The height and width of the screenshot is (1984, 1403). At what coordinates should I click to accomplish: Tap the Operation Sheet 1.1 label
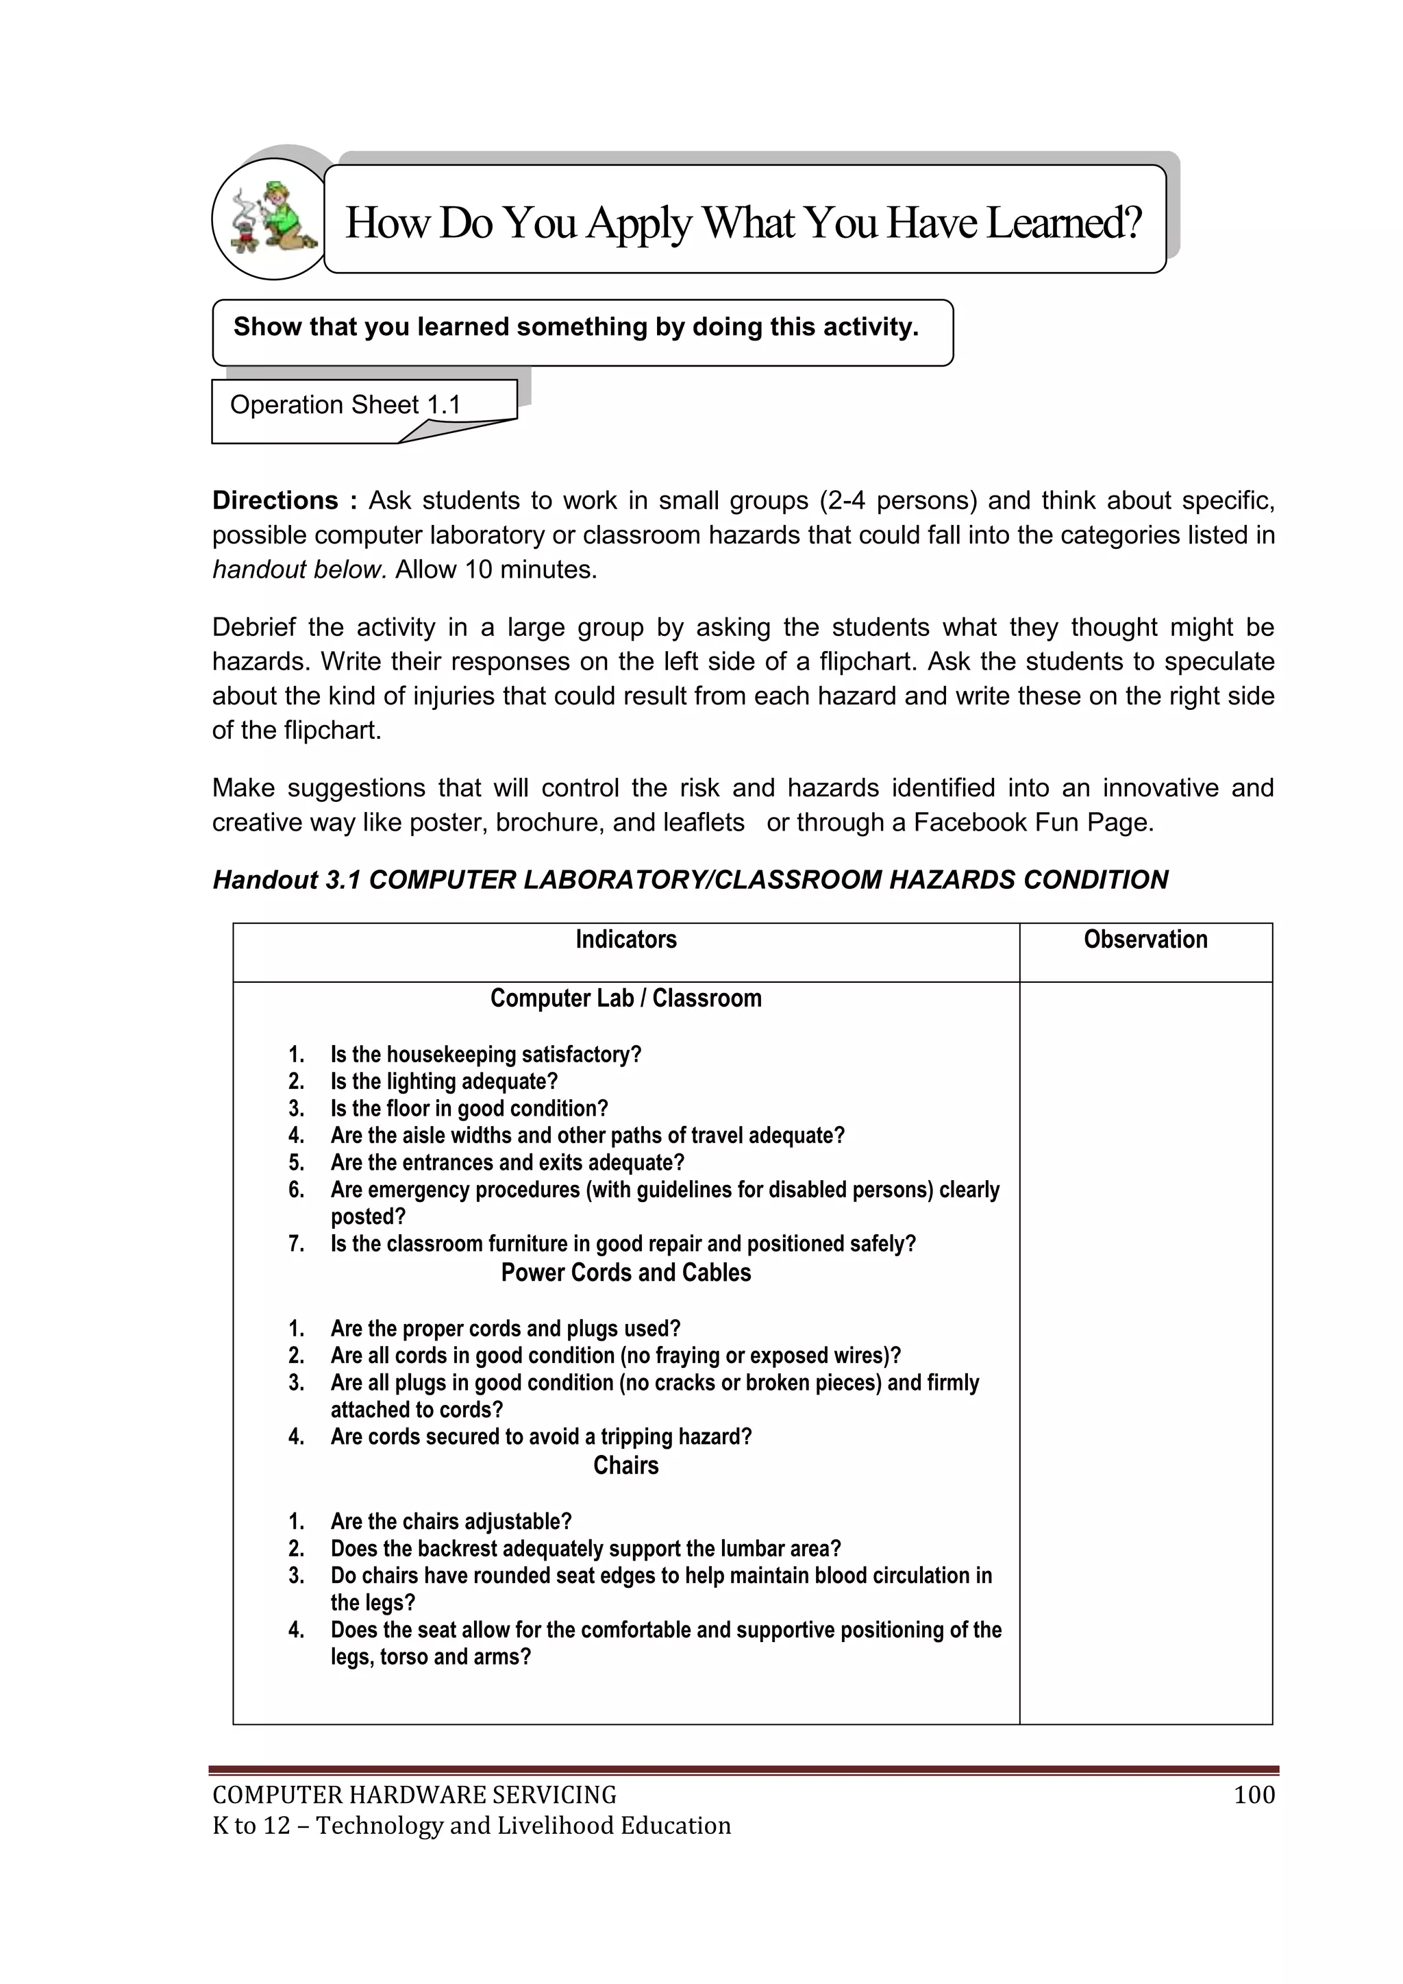click(345, 404)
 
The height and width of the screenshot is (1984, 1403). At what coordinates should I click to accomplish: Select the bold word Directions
click(275, 500)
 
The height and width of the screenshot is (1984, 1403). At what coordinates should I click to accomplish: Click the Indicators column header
click(625, 940)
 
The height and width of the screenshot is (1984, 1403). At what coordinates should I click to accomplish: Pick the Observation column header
click(1145, 940)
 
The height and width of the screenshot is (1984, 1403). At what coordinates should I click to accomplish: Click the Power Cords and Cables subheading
click(625, 1272)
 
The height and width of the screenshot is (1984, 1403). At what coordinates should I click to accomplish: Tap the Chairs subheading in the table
click(625, 1465)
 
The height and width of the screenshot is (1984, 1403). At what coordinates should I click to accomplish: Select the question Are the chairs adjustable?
click(451, 1521)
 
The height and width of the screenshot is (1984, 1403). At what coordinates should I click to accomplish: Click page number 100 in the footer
click(1254, 1795)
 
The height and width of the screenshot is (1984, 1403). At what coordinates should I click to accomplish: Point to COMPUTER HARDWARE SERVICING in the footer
click(414, 1795)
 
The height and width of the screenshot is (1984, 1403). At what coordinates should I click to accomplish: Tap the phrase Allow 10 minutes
click(496, 570)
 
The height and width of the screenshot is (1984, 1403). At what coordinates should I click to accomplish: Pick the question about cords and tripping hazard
click(541, 1436)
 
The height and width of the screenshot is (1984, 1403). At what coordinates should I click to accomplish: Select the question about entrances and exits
click(507, 1162)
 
